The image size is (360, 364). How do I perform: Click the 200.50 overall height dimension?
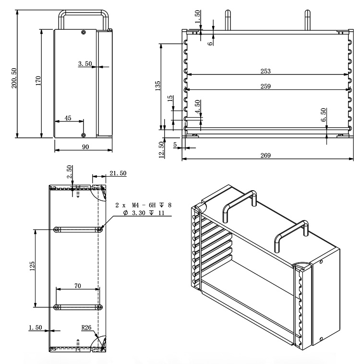[x=14, y=78]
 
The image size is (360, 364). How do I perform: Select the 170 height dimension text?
[x=38, y=81]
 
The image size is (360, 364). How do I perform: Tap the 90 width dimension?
[x=85, y=147]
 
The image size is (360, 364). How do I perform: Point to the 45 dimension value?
[x=68, y=118]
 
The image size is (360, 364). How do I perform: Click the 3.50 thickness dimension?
[x=85, y=63]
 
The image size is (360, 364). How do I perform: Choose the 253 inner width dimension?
[x=265, y=71]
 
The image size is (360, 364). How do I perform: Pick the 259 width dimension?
[x=265, y=86]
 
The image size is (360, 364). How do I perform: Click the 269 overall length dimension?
[x=265, y=155]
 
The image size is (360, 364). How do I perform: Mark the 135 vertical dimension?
[x=157, y=85]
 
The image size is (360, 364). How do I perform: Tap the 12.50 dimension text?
[x=162, y=150]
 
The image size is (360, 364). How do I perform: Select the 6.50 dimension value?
[x=324, y=115]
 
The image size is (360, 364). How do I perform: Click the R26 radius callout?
[x=86, y=328]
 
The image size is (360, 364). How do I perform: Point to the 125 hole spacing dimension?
[x=32, y=266]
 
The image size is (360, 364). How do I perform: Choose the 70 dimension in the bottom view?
[x=78, y=286]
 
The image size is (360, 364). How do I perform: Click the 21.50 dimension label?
[x=118, y=173]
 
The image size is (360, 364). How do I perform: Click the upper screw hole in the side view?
[x=84, y=32]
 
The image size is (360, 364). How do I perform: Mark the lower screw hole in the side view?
[x=84, y=135]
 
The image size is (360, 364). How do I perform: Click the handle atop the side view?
[x=84, y=20]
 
